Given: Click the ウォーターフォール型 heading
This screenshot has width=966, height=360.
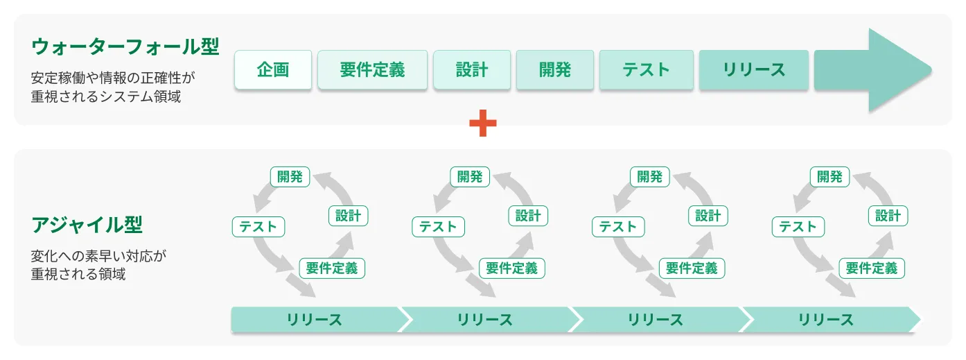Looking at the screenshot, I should pyautogui.click(x=125, y=47).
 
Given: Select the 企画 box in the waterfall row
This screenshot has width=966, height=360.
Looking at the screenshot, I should pyautogui.click(x=273, y=70).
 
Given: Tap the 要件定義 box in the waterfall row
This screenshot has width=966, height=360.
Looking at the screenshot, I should pyautogui.click(x=373, y=70).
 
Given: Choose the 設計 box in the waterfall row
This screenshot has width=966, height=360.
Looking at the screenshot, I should pyautogui.click(x=472, y=70).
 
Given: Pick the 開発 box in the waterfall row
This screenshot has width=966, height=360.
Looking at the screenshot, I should pyautogui.click(x=555, y=70).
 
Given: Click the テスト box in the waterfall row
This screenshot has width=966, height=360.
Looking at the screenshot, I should pyautogui.click(x=646, y=70).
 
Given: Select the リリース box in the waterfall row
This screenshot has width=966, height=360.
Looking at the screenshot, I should pyautogui.click(x=754, y=70).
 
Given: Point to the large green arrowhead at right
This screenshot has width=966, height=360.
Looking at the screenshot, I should pyautogui.click(x=894, y=70).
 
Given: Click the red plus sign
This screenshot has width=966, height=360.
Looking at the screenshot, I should pyautogui.click(x=483, y=124).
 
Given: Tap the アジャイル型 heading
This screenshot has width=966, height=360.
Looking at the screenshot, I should pyautogui.click(x=87, y=225).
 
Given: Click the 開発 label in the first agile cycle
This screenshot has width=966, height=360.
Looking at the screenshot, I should pyautogui.click(x=290, y=177).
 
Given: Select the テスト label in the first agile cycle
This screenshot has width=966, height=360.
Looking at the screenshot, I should pyautogui.click(x=258, y=227).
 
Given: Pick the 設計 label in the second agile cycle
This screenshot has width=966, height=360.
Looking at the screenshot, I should pyautogui.click(x=528, y=216).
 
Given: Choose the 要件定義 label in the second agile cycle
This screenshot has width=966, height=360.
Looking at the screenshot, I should pyautogui.click(x=512, y=268).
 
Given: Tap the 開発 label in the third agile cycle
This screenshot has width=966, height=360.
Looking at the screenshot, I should pyautogui.click(x=650, y=177).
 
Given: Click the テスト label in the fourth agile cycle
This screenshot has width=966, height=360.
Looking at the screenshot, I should pyautogui.click(x=798, y=227).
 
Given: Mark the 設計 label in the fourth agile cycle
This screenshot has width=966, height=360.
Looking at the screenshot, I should pyautogui.click(x=888, y=216).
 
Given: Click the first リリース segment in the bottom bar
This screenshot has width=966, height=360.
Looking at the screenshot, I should pyautogui.click(x=315, y=320).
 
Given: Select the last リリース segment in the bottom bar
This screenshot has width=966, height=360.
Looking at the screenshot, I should pyautogui.click(x=826, y=320).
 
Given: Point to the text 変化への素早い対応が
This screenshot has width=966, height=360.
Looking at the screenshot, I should pyautogui.click(x=99, y=256).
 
